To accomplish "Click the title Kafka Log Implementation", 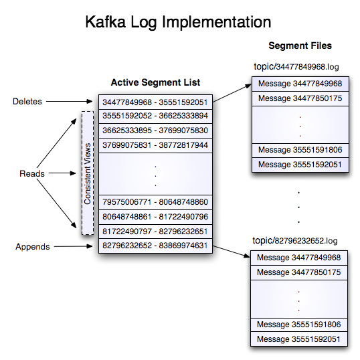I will [178, 21].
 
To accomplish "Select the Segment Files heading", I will [300, 46].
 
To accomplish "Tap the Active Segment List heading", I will [155, 82].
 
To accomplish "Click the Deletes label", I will [28, 102].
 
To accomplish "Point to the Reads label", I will [31, 173].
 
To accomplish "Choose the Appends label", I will [32, 246].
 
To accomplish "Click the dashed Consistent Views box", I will [87, 173].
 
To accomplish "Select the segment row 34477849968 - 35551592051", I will [155, 102].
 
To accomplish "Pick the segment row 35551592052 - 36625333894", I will [155, 116].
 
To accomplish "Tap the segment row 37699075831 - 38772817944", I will [155, 145].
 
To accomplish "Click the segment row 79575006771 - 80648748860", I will [155, 202].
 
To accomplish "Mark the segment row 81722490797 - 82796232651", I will [155, 232].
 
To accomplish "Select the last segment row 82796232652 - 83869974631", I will [155, 246].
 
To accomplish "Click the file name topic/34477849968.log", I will [298, 67].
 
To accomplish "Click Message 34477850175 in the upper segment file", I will [300, 98].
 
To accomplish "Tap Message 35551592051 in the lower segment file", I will [300, 339].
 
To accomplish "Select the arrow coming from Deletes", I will [71, 102].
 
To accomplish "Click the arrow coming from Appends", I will [74, 246].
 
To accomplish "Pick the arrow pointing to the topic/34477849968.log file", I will [230, 92].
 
